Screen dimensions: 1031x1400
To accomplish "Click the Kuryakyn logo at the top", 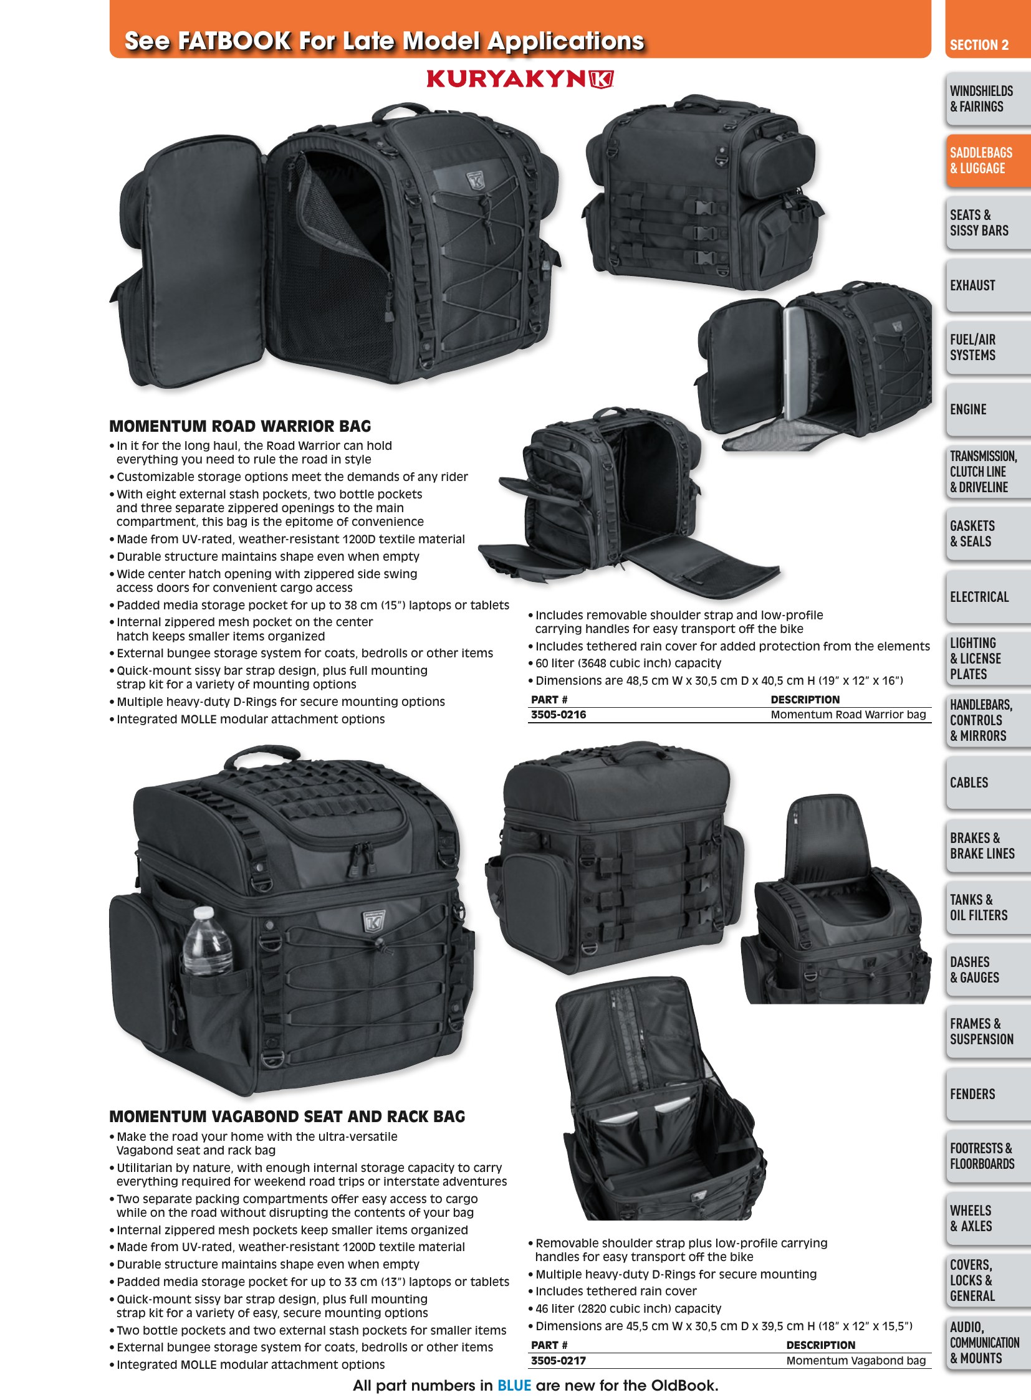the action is point(520,79).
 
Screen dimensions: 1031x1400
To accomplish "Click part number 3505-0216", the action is point(559,715).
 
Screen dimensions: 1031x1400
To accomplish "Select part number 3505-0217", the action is point(559,1361).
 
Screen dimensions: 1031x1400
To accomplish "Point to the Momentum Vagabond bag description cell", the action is point(856,1361).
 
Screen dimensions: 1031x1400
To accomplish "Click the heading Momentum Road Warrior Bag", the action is point(240,426).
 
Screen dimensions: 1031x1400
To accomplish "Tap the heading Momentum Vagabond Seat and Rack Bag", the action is point(287,1116).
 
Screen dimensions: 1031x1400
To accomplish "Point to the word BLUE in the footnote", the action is point(514,1386).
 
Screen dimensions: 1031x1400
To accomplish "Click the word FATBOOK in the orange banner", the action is point(234,41).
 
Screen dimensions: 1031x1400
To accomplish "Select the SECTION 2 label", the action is point(979,45).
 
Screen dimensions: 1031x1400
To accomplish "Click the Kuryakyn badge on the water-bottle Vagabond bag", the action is point(374,921).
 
